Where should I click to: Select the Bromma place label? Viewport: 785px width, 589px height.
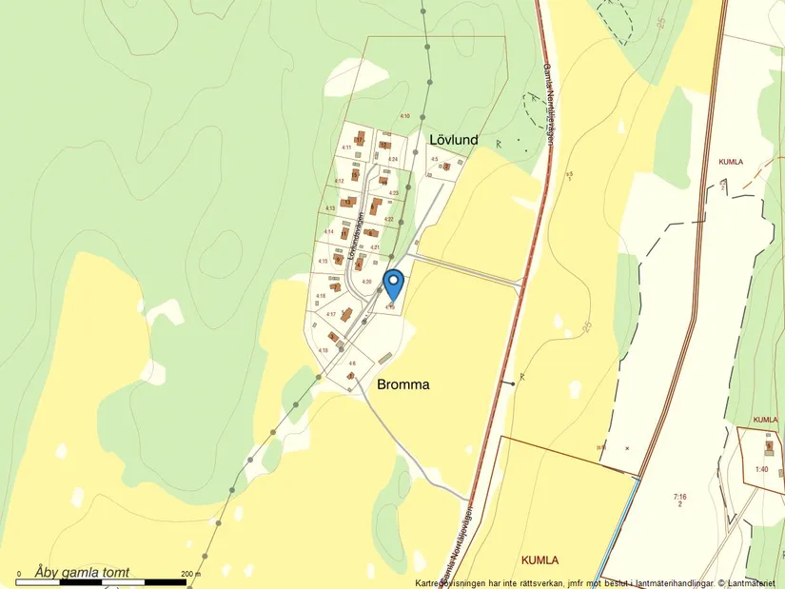click(403, 384)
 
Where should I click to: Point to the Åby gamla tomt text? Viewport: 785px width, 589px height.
click(82, 572)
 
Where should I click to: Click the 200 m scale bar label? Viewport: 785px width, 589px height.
click(190, 574)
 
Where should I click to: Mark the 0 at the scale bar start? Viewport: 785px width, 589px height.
click(18, 574)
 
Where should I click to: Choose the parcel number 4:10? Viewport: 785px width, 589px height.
click(404, 116)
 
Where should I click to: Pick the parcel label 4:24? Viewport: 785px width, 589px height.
click(392, 159)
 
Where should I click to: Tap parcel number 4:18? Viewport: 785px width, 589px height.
click(324, 350)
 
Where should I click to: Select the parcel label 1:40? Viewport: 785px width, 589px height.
click(761, 469)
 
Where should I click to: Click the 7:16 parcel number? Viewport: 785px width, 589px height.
click(679, 496)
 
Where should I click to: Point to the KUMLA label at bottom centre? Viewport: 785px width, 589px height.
click(539, 559)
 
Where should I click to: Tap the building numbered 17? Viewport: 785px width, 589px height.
click(359, 139)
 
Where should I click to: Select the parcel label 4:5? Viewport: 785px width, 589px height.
click(434, 159)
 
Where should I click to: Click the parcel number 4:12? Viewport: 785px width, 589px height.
click(340, 181)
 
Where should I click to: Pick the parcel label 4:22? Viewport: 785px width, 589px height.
click(389, 220)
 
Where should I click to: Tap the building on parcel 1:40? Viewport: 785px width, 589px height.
click(770, 445)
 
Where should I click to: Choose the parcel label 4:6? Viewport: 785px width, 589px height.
click(352, 363)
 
